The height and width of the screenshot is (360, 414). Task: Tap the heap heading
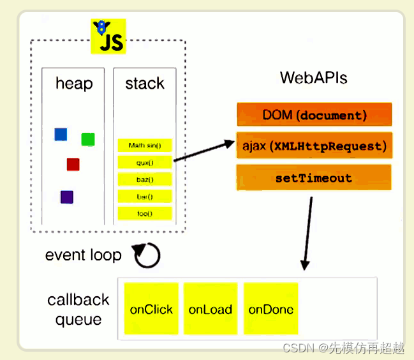coord(74,84)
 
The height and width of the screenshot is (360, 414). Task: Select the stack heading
coord(145,84)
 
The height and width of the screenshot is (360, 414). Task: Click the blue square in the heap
coord(61,134)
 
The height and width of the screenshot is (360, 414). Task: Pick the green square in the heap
coord(88,139)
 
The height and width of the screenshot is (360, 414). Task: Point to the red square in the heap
coord(73,165)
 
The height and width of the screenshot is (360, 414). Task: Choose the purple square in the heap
coord(67,197)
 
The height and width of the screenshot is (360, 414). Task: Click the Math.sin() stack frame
coord(145,146)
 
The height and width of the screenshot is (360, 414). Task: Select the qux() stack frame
coord(145,163)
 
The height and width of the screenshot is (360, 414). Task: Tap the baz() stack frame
coord(145,179)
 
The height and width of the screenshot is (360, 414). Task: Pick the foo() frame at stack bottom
coord(145,213)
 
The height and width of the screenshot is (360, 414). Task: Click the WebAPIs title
coord(313,78)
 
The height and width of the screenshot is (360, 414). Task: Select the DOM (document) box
coord(314,116)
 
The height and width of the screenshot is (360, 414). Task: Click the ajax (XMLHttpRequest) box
coord(314,146)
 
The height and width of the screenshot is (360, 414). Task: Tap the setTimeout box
coord(314,178)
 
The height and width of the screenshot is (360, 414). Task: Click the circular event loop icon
coord(147,255)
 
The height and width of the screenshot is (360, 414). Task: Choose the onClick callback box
coord(151,309)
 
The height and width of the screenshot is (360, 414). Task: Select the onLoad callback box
coord(211,309)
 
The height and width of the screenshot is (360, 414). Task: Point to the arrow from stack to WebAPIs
coord(204,151)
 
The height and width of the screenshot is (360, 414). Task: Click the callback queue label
coord(78,309)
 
